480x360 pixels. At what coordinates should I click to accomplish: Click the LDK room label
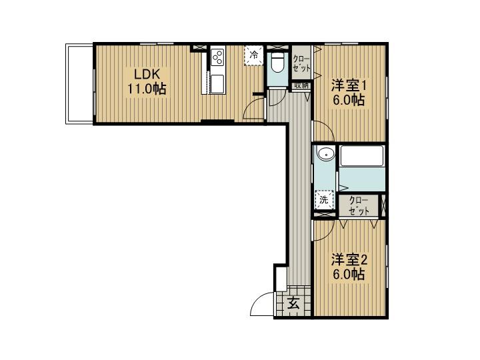tap(147, 73)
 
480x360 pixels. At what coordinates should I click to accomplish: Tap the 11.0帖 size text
tap(147, 87)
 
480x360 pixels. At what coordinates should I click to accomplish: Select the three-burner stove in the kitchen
tap(218, 57)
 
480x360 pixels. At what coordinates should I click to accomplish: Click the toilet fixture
tap(278, 63)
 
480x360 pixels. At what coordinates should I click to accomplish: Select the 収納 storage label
tap(301, 85)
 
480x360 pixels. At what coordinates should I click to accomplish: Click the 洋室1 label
tap(349, 85)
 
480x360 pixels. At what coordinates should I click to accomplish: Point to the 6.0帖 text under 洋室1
tap(349, 101)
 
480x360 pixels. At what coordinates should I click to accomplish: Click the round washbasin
tap(325, 155)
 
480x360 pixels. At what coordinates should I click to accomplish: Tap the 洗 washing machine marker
tap(323, 199)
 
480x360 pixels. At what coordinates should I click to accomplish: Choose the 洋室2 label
tap(349, 259)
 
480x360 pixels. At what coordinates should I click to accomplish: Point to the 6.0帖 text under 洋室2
tap(349, 274)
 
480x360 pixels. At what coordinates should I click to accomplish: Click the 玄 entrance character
tap(293, 305)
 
